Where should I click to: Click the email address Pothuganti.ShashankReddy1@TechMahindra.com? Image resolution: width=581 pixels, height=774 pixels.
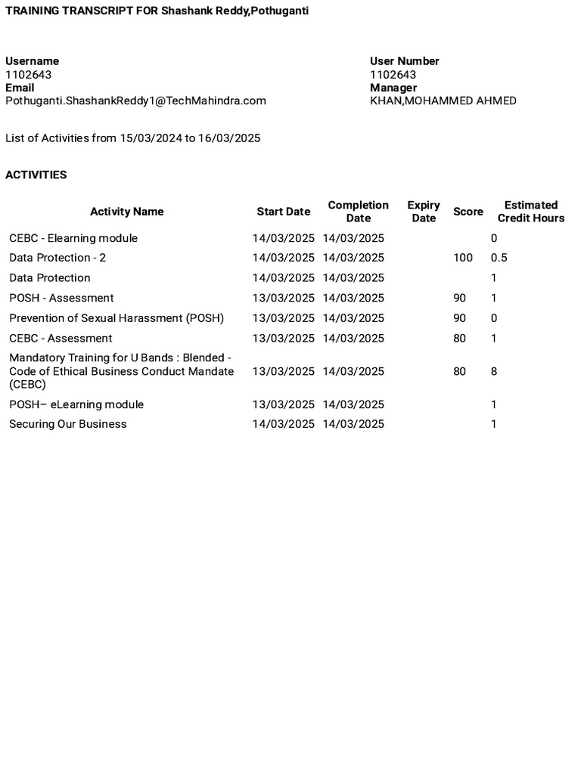135,101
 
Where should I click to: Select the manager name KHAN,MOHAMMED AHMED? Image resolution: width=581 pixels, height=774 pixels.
443,101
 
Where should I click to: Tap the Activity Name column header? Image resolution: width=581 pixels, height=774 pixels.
126,212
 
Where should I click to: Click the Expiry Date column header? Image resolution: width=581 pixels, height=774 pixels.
424,212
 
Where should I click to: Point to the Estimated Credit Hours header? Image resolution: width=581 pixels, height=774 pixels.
531,212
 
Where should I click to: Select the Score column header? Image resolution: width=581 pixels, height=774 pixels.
468,212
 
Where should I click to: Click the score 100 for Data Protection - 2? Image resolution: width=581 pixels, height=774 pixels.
463,258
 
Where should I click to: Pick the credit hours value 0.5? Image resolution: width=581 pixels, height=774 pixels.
499,258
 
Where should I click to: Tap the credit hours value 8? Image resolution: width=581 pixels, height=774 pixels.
494,371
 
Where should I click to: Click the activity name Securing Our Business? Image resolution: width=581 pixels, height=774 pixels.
68,424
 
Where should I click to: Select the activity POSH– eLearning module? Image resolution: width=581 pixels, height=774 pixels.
76,404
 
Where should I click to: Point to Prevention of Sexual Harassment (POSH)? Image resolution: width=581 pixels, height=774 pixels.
117,318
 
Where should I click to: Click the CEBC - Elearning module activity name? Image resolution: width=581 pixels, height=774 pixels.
73,238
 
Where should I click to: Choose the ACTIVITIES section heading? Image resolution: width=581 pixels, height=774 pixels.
36,175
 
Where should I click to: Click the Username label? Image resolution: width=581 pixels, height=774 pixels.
32,61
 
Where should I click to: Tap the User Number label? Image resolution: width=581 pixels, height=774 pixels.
404,61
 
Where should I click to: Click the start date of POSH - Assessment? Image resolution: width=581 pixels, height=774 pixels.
283,298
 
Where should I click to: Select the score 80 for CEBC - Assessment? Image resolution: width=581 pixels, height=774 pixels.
460,338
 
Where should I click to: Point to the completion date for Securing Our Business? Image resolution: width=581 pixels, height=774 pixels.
353,424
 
